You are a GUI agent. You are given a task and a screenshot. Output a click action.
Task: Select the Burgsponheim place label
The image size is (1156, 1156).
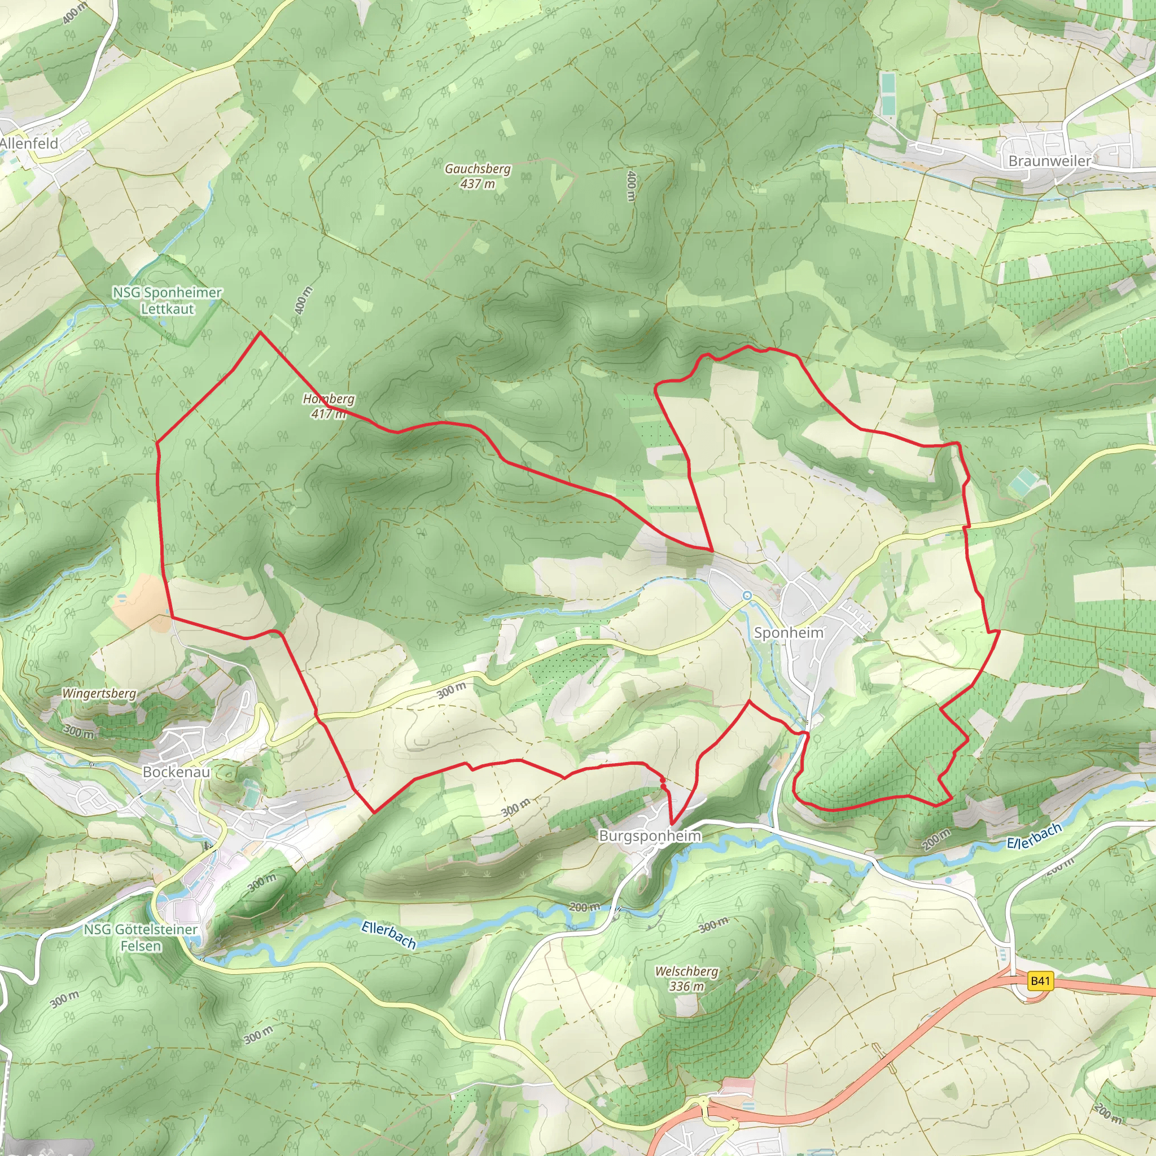[650, 836]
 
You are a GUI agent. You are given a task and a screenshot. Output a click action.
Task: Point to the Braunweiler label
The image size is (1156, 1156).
[1049, 160]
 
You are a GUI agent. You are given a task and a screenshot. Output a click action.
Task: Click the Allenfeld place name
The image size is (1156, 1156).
[29, 143]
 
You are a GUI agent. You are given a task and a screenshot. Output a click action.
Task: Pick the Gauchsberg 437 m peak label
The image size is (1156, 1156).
[478, 176]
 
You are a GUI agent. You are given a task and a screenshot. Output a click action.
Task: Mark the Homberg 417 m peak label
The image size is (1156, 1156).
[329, 406]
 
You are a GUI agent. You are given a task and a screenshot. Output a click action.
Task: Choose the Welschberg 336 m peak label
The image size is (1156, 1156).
[686, 979]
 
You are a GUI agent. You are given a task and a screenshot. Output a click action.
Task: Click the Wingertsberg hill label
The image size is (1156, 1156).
[99, 694]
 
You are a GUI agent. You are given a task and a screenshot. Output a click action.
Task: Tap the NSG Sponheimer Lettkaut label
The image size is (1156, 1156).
[168, 300]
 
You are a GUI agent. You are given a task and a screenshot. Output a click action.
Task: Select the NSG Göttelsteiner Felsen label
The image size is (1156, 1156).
[141, 938]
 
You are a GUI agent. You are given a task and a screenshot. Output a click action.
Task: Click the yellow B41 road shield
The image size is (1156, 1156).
[1040, 980]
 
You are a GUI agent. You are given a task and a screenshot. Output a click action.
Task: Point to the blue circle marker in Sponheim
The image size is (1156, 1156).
[747, 595]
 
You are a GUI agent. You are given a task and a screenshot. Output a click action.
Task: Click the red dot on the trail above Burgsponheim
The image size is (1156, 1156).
[662, 781]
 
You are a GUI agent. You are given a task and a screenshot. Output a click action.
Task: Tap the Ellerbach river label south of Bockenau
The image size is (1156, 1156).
[389, 935]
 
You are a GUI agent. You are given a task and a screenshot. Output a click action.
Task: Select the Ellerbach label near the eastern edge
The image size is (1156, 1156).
[1034, 836]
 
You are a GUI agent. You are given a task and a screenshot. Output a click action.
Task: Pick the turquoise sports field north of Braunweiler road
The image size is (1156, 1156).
[888, 94]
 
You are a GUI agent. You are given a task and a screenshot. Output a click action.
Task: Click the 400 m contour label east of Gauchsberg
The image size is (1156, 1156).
[630, 186]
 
